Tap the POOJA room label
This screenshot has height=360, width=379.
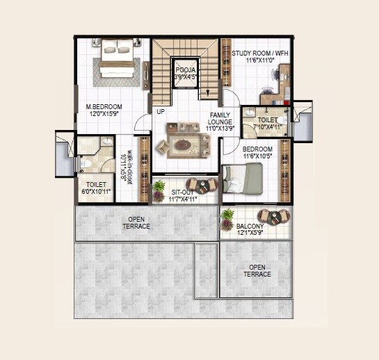coord(184,70)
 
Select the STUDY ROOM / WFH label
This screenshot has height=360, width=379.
coord(260,53)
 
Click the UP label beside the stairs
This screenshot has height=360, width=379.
coord(161,111)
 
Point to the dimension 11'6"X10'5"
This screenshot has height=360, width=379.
coord(257,156)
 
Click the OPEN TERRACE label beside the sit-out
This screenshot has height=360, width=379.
coord(136,222)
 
